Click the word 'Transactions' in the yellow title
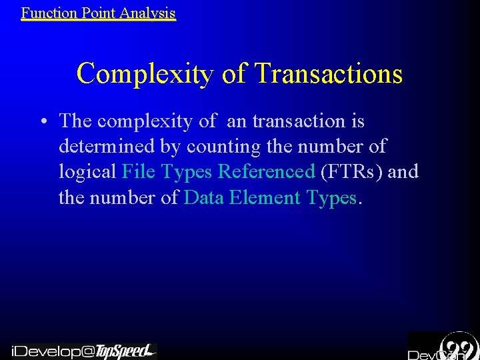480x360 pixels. tap(329, 73)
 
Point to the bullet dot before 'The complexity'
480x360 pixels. tap(42, 122)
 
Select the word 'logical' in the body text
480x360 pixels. tap(88, 172)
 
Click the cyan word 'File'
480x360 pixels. tap(139, 172)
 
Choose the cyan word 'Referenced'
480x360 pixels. tap(267, 172)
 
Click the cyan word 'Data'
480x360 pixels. tap(204, 197)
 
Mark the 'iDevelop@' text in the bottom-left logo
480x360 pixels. tap(53, 351)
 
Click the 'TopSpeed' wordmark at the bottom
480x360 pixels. tap(123, 351)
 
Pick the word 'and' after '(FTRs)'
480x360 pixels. tap(403, 172)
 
